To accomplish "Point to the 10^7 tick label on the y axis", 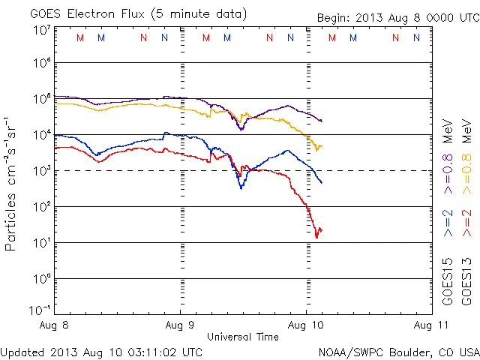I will [40, 30].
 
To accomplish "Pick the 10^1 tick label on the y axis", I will [40, 242].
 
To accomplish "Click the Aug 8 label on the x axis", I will [55, 325].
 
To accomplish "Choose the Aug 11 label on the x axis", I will [430, 325].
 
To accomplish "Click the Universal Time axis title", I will [243, 337].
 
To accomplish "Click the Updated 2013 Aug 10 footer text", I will [101, 351].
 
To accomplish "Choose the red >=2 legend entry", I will [466, 222].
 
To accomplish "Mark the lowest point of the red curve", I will [316, 237].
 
